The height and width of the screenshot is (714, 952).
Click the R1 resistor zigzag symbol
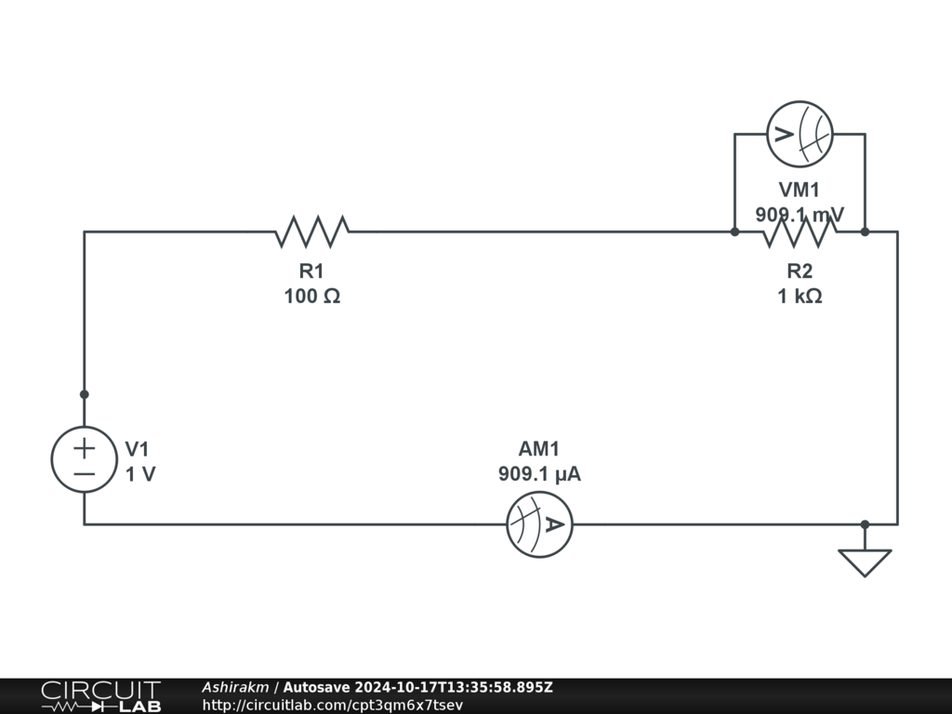pos(311,231)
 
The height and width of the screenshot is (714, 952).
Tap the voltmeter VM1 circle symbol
pos(799,134)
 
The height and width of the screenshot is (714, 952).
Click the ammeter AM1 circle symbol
pos(539,524)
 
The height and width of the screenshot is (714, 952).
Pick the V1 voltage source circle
pos(85,459)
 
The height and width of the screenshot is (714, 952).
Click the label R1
pos(311,271)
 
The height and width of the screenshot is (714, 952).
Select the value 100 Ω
pos(311,297)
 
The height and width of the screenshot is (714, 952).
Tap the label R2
pos(800,271)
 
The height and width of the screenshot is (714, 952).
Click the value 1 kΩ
pos(800,297)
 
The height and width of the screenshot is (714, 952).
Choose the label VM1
pos(800,191)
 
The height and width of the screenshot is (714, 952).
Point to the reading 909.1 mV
pos(800,215)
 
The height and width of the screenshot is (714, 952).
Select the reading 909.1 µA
pos(539,474)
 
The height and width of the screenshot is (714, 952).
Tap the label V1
pos(137,449)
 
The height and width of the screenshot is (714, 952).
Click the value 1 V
pos(140,474)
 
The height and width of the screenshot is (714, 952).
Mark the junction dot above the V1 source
pos(85,394)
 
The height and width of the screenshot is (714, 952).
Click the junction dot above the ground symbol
pos(865,524)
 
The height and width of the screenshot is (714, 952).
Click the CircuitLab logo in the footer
pos(100,696)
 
